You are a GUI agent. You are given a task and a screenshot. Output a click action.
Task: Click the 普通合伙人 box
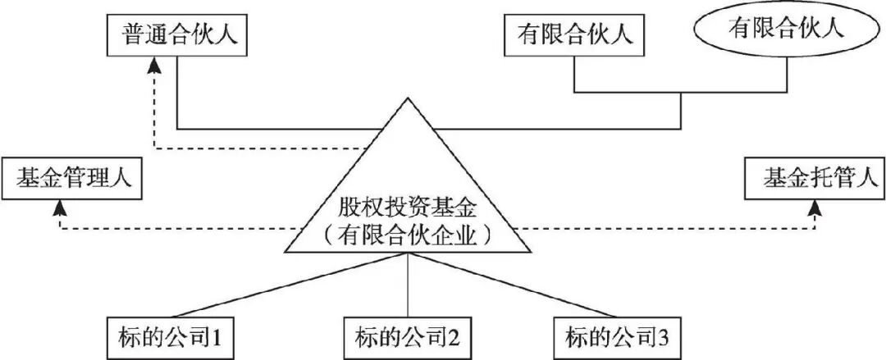click(175, 34)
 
